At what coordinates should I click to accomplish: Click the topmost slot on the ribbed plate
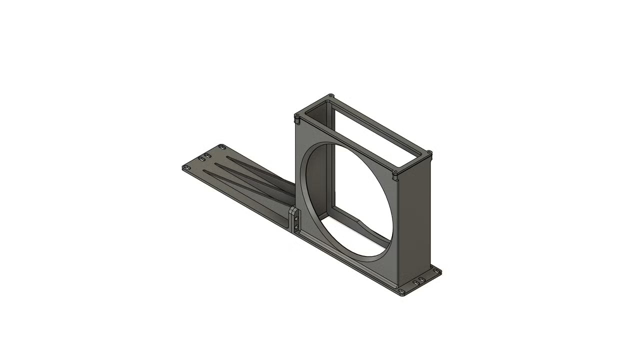pos(222,146)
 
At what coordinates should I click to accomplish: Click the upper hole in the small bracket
pos(296,219)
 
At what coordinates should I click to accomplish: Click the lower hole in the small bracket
pos(296,227)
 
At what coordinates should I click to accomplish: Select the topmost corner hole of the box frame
pos(330,95)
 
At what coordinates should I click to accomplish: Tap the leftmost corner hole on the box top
pos(297,116)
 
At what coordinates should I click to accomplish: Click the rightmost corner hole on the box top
pos(428,152)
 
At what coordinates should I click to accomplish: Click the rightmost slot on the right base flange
pos(435,271)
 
